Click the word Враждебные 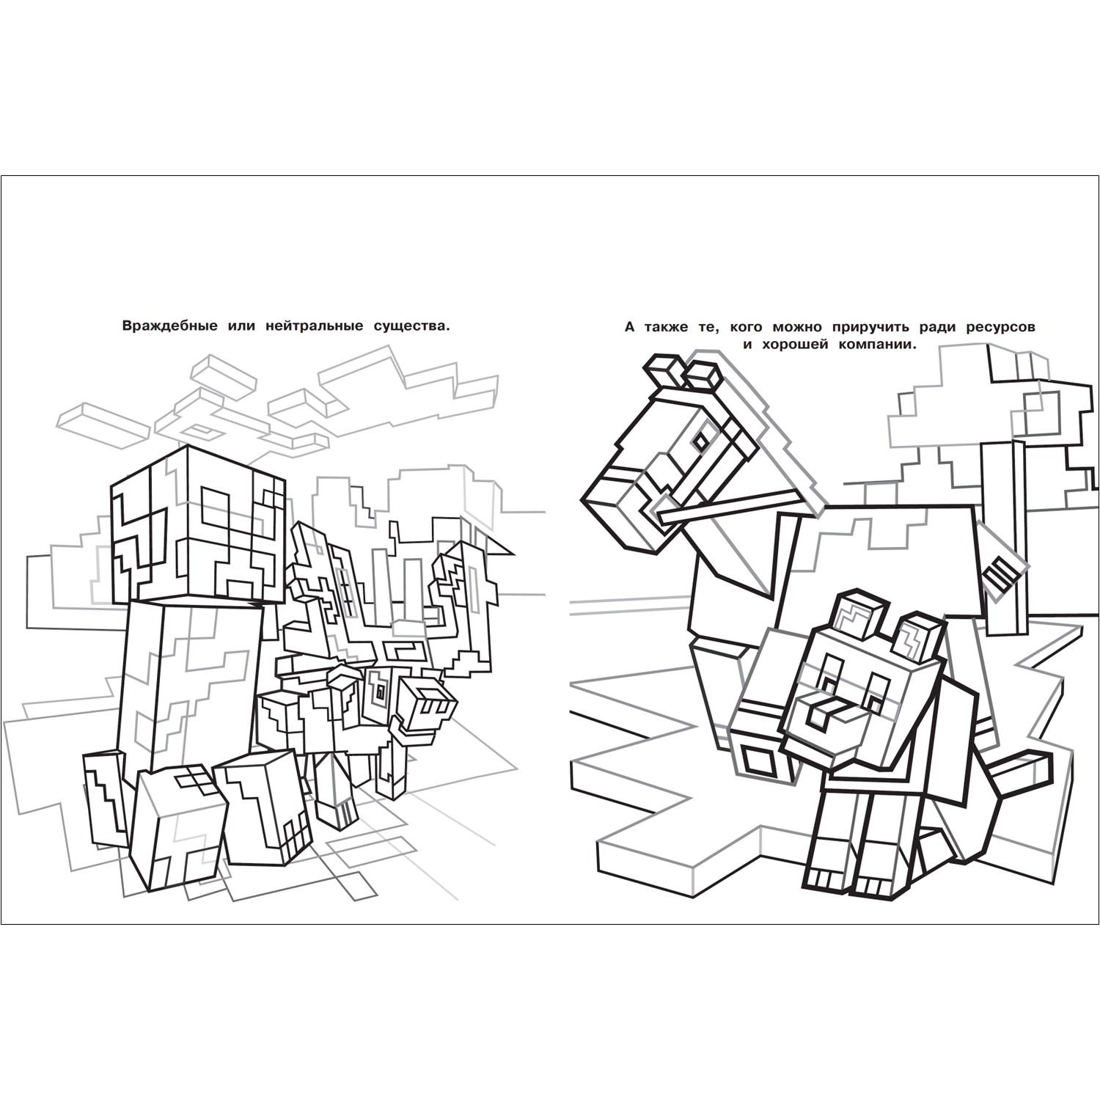[x=170, y=326]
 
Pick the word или [x=243, y=326]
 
